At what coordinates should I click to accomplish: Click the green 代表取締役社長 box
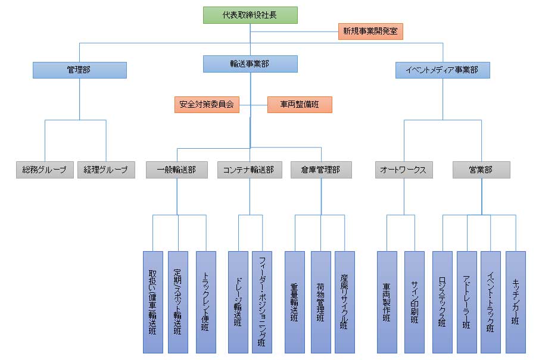[x=250, y=15]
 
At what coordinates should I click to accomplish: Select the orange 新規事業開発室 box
[x=370, y=32]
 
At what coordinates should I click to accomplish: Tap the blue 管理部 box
[x=79, y=70]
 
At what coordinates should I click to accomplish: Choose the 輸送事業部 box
[x=250, y=64]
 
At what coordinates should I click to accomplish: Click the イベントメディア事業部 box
[x=443, y=70]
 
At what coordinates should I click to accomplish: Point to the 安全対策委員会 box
[x=207, y=105]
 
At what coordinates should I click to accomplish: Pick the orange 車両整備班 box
[x=300, y=105]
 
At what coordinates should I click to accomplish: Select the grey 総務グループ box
[x=45, y=170]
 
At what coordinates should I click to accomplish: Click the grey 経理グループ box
[x=106, y=170]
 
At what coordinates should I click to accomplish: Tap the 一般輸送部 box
[x=176, y=170]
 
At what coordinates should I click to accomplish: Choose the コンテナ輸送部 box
[x=248, y=170]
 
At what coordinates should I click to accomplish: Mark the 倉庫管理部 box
[x=321, y=170]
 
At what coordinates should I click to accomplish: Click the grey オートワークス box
[x=404, y=170]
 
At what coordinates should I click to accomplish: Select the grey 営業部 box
[x=481, y=170]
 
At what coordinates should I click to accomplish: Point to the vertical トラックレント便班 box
[x=206, y=302]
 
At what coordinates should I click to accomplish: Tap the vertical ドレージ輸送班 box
[x=238, y=302]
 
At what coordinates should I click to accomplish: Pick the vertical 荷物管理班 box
[x=320, y=302]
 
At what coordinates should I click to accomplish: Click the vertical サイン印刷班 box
[x=415, y=302]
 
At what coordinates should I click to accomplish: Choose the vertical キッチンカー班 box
[x=516, y=302]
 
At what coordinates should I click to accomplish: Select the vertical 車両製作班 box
[x=387, y=302]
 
